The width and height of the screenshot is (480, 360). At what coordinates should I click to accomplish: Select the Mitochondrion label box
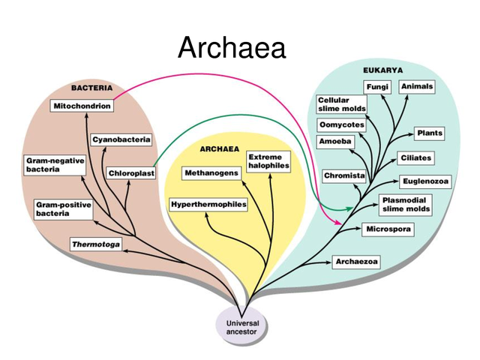[x=82, y=106]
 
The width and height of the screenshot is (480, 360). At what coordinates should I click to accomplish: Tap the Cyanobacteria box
[x=121, y=139]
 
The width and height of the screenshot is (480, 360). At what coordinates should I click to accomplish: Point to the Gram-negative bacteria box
[x=55, y=165]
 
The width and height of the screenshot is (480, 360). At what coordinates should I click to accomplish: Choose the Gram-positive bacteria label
[x=64, y=209]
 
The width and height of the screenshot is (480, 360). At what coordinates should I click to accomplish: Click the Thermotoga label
[x=95, y=244]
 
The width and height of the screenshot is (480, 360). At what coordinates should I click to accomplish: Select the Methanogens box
[x=211, y=173]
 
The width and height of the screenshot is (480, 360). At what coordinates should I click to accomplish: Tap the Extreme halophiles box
[x=268, y=161]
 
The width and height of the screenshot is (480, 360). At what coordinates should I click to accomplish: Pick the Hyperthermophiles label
[x=208, y=205]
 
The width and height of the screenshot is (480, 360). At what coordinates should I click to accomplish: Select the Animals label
[x=417, y=87]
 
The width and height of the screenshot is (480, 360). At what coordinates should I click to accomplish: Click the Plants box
[x=429, y=133]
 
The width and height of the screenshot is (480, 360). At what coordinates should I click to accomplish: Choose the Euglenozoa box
[x=425, y=181]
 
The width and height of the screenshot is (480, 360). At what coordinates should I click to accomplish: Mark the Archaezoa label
[x=356, y=262]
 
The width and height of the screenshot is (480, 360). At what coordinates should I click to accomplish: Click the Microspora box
[x=388, y=229]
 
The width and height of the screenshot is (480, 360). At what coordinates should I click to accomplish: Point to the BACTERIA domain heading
[x=91, y=88]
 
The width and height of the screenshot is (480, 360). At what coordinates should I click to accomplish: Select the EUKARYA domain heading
[x=383, y=70]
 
